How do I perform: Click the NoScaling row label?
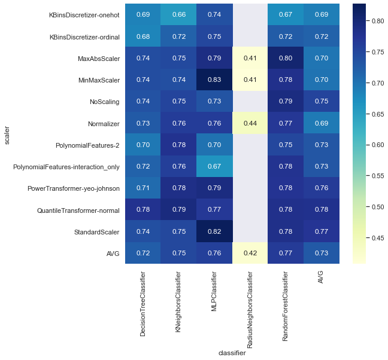point(104,102)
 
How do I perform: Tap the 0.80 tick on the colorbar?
point(377,20)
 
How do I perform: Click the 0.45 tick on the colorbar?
point(377,237)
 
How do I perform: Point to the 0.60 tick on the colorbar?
point(377,145)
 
